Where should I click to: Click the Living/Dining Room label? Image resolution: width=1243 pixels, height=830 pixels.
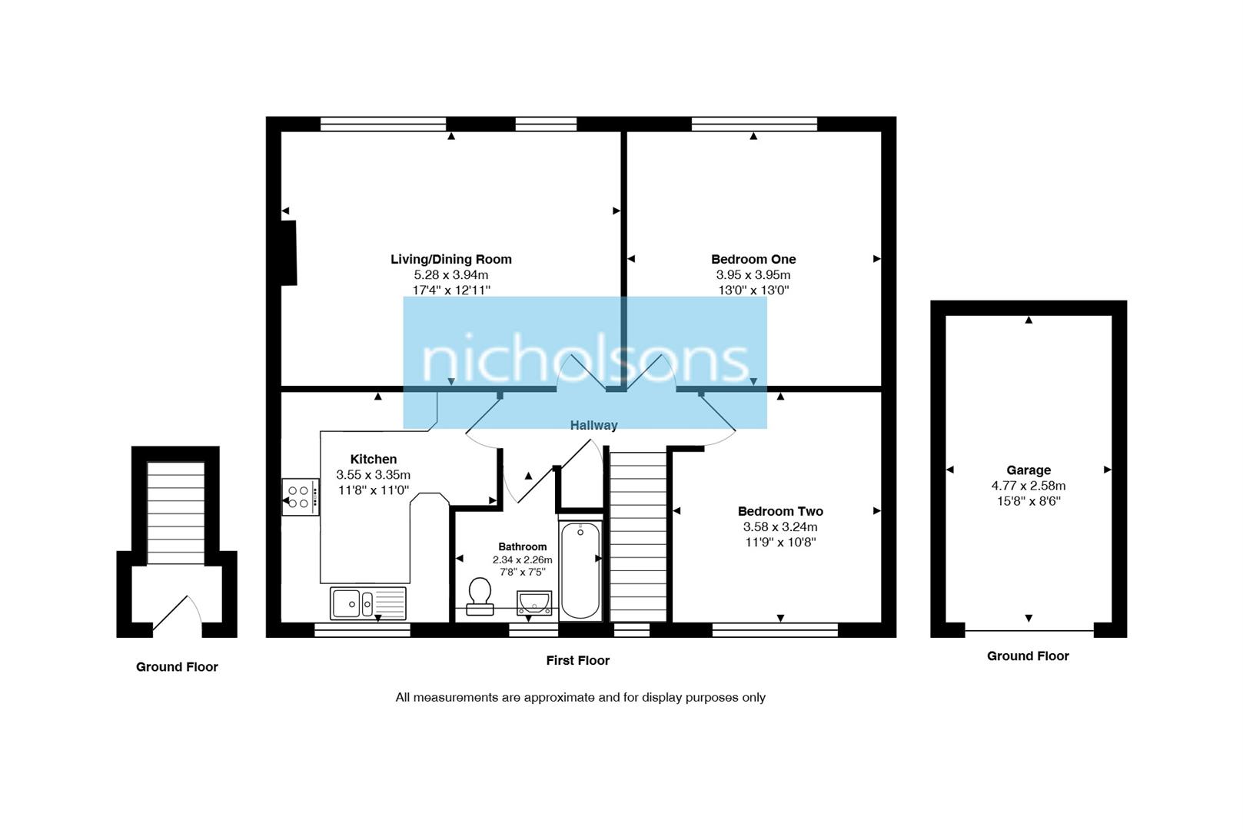(450, 259)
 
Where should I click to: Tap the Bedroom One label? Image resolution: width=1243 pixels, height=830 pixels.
(753, 259)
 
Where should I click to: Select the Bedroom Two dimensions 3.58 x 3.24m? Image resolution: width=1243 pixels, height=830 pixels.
(779, 527)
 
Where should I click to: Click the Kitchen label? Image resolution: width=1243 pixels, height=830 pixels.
(374, 460)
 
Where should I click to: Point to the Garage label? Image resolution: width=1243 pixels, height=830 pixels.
(1028, 470)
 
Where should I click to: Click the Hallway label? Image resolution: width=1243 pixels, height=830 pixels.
(593, 425)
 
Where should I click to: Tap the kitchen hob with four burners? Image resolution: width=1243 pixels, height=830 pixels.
(300, 496)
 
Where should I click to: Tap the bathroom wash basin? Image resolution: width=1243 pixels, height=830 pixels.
(533, 603)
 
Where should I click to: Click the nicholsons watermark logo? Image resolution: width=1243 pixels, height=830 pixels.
(585, 361)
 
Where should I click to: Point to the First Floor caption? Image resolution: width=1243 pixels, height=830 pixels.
(577, 660)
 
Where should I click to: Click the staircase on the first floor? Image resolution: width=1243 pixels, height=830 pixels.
(637, 536)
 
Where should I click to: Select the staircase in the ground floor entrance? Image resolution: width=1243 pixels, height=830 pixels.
(176, 513)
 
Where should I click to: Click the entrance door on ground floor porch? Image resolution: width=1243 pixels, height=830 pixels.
(177, 615)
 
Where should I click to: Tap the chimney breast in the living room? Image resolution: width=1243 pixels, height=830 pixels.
(288, 253)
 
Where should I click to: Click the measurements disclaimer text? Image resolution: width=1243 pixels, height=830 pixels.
(580, 698)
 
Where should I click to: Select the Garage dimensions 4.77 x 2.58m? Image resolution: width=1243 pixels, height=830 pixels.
(1028, 486)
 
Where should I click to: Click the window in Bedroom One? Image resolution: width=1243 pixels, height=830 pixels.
(753, 124)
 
